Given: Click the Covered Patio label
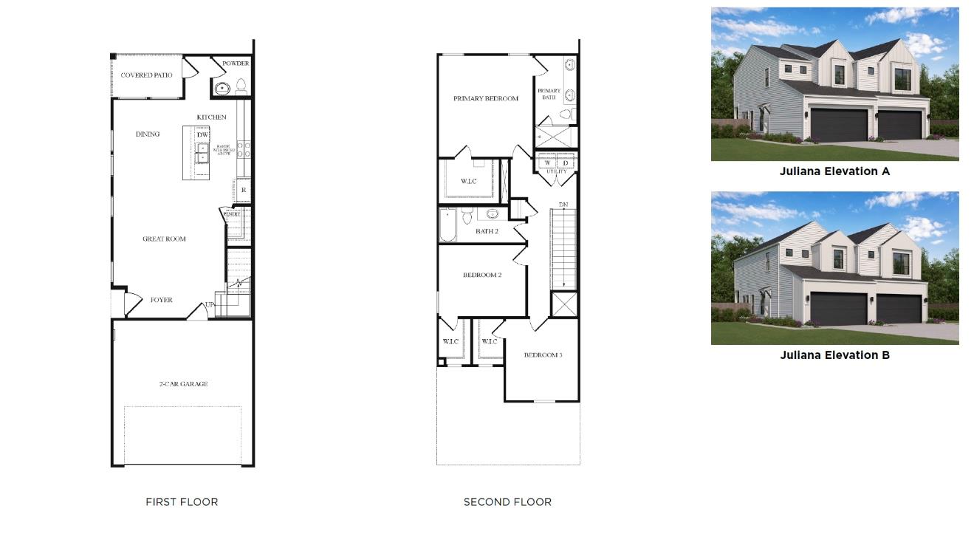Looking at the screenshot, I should coord(146,75).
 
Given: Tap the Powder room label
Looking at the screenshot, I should coord(236,64).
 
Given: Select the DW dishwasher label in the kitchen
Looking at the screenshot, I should coord(202,134).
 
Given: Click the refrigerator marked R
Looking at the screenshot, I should coord(243,190).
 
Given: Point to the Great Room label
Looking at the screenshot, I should coord(164,239).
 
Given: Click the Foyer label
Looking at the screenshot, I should coord(161,300).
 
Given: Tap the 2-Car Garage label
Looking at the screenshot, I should coord(183,384).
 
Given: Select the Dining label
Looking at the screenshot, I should coord(148,134).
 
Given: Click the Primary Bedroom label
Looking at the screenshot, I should coord(485,98).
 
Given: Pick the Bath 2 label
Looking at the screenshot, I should coord(487,231).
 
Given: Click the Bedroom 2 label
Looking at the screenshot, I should coord(482,275).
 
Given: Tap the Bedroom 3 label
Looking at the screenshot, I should coord(543,355).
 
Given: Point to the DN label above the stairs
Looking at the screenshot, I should coord(563,205).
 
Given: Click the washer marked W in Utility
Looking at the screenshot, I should coord(547,163).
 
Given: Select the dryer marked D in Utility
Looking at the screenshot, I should coord(566,163).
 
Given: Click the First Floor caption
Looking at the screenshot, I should coord(182,502).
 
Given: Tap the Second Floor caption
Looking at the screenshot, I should coord(507,502).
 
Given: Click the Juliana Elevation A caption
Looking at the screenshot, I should coord(834,171).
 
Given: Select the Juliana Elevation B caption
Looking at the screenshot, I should coord(834,355).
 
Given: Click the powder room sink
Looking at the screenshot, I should coord(222,89).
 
